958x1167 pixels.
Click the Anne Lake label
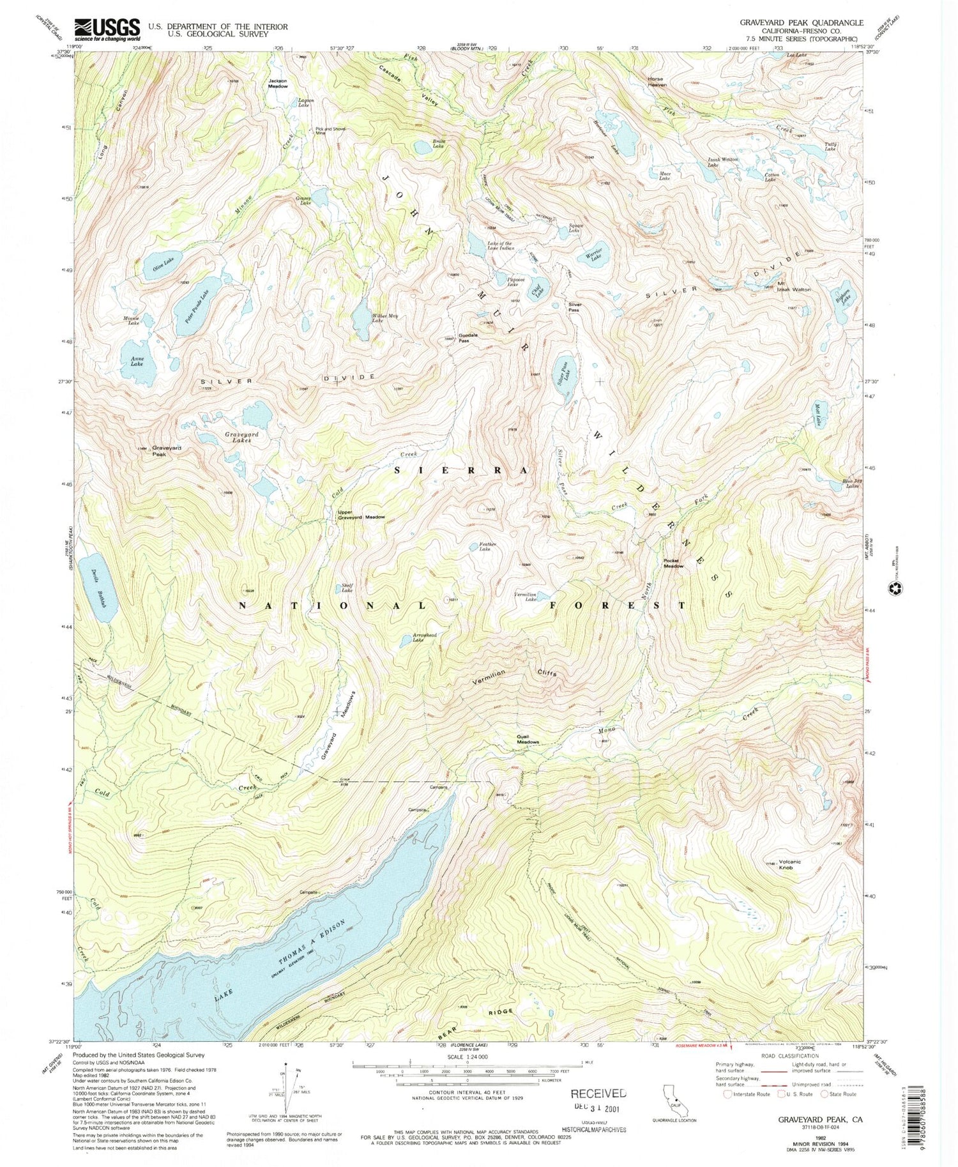tap(137, 362)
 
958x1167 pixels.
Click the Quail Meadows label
tap(528, 739)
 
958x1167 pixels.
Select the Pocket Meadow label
tap(673, 563)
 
